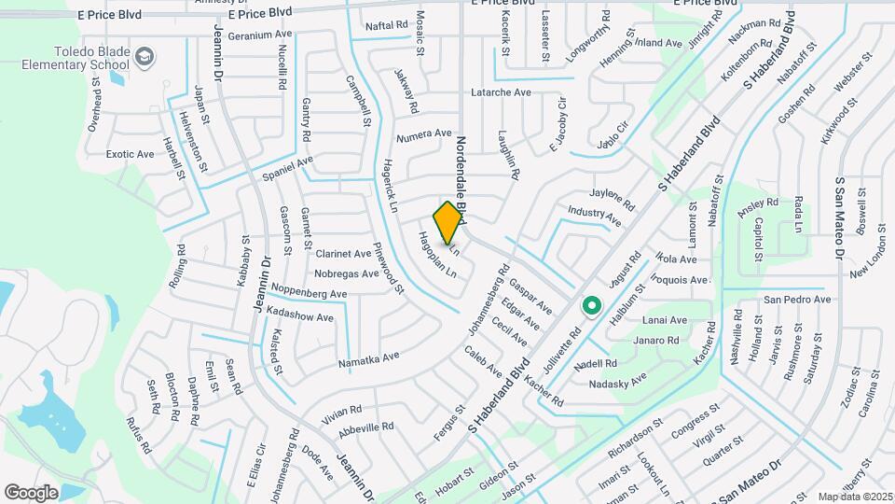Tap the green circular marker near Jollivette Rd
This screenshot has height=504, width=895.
point(590,305)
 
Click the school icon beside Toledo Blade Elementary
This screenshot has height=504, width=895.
point(145,59)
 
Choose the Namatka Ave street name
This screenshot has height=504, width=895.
point(368,357)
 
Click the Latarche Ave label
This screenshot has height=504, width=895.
point(501,92)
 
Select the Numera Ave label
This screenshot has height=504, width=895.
point(424,134)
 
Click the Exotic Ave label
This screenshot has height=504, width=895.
point(130,154)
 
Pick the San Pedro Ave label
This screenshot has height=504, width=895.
point(796,300)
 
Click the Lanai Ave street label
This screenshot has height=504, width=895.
point(664,320)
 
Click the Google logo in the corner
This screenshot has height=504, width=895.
point(31,492)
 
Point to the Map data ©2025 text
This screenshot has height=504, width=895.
point(855,497)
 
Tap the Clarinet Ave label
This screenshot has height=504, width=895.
point(343,253)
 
